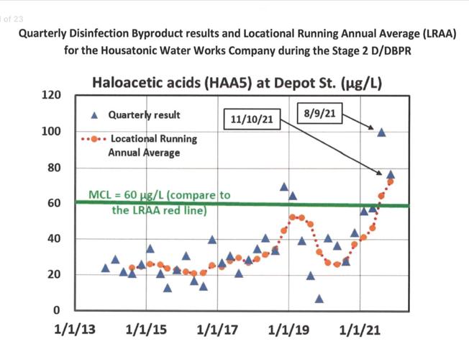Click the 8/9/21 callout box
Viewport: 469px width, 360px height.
318,113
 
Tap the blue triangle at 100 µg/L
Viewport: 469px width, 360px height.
381,132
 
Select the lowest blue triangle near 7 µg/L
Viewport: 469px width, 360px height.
319,299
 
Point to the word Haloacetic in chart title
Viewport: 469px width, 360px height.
130,84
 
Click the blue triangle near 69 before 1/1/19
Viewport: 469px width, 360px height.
284,187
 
